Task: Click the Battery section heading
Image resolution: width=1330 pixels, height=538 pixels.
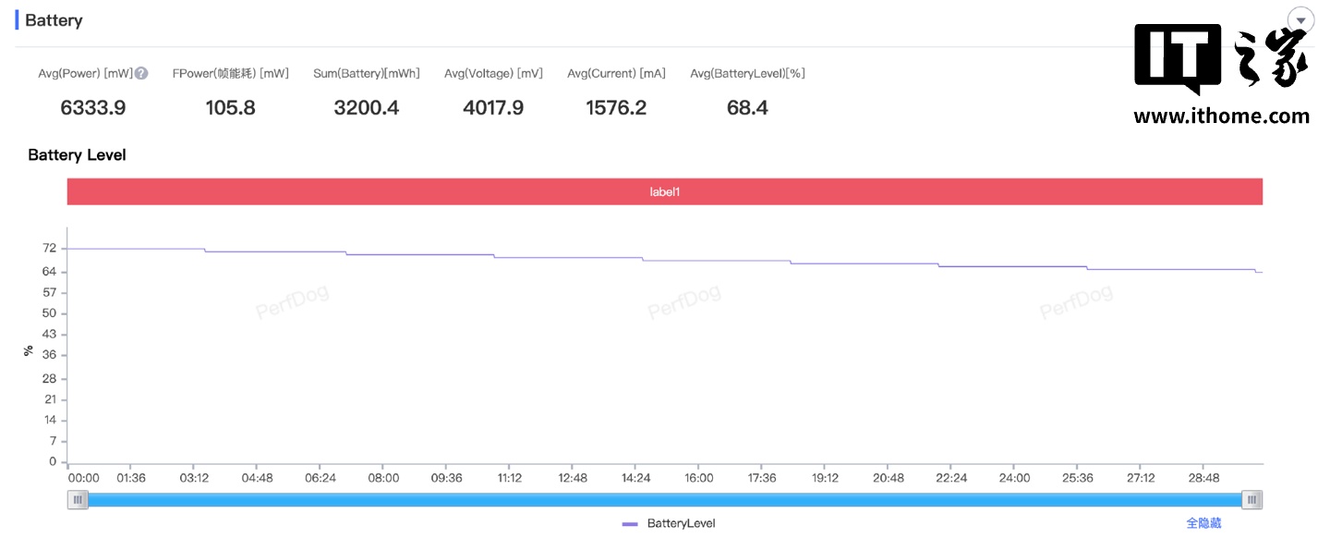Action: pos(54,20)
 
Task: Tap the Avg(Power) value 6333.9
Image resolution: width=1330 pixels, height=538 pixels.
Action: pos(93,108)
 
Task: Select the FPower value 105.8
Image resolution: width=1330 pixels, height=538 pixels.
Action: pos(231,108)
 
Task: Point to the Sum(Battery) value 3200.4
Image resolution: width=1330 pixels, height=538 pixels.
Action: pos(367,108)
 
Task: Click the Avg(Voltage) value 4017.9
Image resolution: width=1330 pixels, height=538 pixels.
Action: pos(493,108)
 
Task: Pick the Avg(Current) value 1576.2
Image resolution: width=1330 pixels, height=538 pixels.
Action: pos(616,108)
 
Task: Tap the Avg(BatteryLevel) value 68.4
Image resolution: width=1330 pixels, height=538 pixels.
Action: pos(748,108)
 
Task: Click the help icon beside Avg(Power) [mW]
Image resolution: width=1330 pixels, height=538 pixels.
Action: pos(141,74)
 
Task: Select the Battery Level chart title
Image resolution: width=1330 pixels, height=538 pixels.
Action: pos(77,155)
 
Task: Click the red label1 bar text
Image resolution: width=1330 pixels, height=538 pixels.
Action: pos(665,192)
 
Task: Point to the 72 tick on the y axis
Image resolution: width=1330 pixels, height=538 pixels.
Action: pos(49,249)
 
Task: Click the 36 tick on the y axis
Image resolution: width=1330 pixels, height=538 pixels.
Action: pos(49,355)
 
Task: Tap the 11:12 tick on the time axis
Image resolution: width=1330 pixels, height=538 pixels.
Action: pos(510,478)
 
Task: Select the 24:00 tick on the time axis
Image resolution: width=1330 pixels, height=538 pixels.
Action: pos(1014,478)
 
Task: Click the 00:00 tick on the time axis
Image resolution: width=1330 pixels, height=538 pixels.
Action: pos(83,478)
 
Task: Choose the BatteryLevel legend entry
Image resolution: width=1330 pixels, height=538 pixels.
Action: pos(670,523)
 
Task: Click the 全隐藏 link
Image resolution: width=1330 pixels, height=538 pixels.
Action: pos(1203,523)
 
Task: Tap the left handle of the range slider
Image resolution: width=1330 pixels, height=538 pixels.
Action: pos(79,500)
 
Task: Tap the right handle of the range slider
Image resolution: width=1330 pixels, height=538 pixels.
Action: pos(1251,500)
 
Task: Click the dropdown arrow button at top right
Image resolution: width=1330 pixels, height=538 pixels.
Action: pos(1300,21)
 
